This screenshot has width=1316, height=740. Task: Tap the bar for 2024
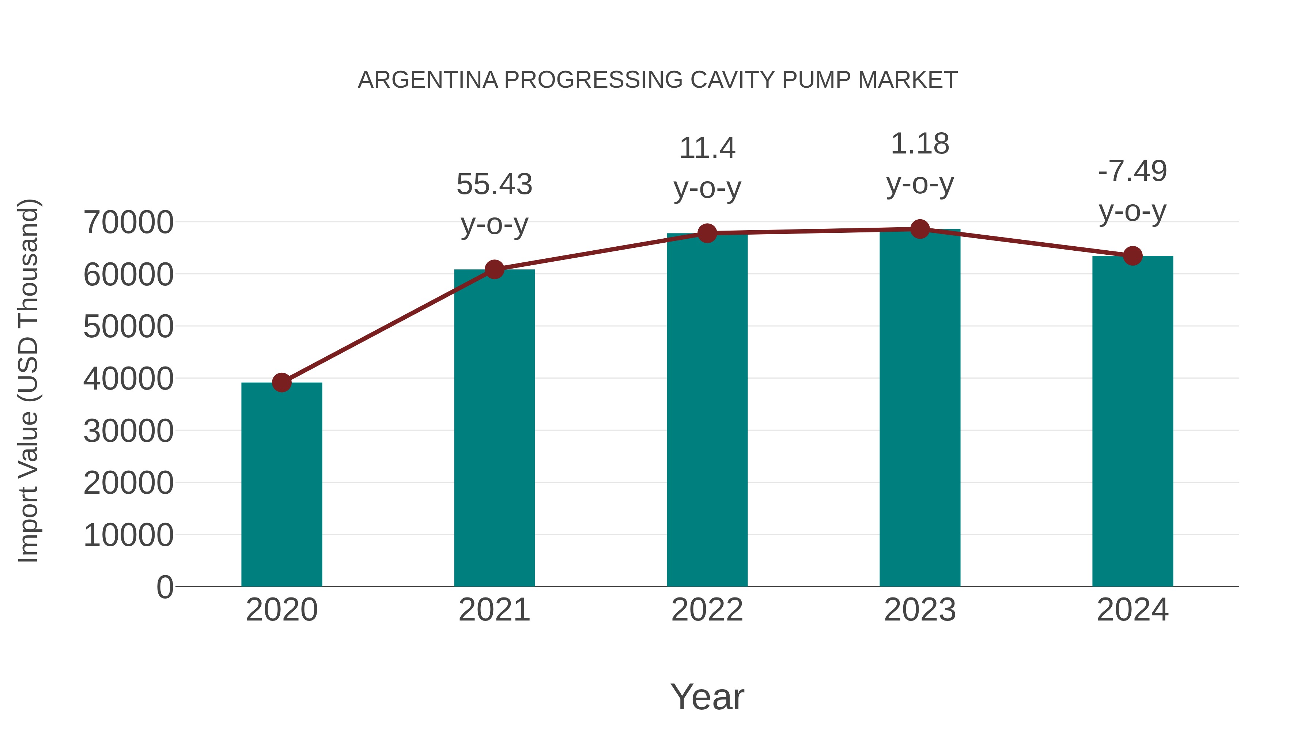1132,421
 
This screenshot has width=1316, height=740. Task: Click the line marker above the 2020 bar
281,382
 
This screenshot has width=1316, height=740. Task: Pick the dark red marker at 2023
920,229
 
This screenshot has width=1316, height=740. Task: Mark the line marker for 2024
1132,256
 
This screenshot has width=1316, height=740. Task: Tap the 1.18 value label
920,144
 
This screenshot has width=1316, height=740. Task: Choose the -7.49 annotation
1132,171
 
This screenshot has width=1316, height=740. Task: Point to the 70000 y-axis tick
128,223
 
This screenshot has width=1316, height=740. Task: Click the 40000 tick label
128,379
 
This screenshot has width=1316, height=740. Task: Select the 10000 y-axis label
128,535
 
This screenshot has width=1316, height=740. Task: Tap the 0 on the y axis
165,587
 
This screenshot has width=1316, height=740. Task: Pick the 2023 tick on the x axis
920,610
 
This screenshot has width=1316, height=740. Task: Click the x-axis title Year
707,697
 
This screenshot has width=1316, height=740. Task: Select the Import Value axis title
29,380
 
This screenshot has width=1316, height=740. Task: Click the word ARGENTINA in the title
428,80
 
